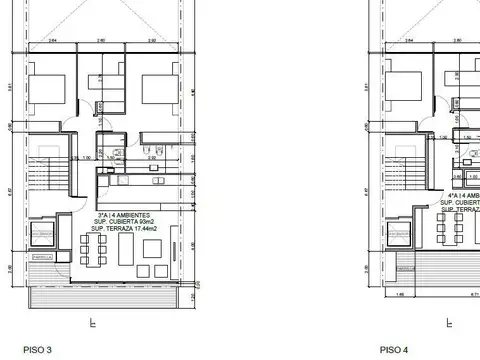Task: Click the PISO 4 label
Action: [393, 349]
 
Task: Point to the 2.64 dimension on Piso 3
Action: [50, 41]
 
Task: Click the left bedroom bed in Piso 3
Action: [47, 88]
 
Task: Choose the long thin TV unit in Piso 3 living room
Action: [177, 245]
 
